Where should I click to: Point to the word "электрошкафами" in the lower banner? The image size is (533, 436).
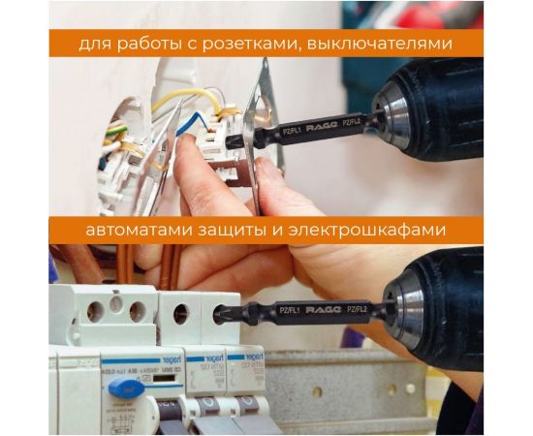tap(381, 231)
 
